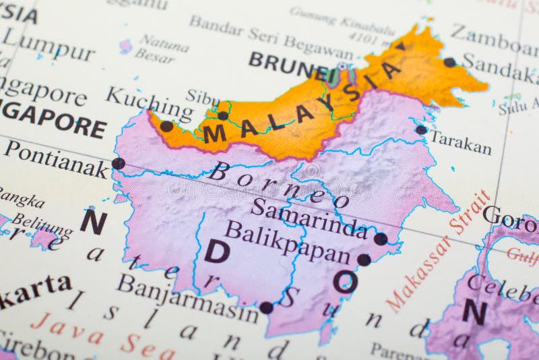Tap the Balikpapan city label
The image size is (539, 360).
pos(288,242)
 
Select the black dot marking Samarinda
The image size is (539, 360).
pos(381,239)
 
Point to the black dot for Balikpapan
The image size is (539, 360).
pos(364,260)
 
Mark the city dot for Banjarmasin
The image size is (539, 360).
pos(266,307)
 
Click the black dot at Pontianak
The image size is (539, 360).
pos(118,163)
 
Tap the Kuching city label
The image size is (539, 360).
pos(149,104)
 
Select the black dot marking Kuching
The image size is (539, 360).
pos(166,126)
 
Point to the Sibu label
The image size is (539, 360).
pos(203,97)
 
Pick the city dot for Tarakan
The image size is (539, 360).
pos(421,129)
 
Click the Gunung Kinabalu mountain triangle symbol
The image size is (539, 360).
pos(400,47)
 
